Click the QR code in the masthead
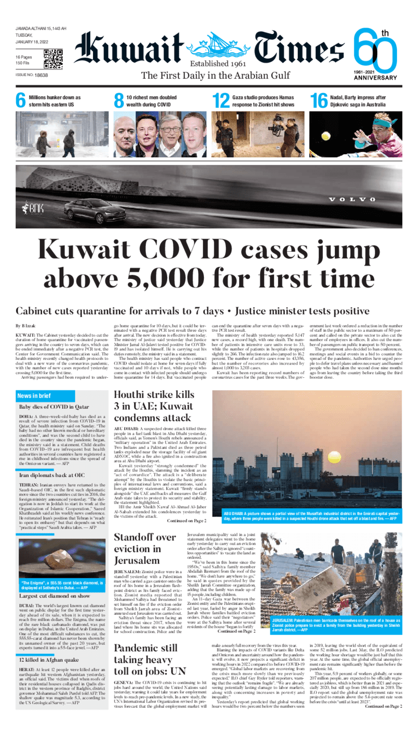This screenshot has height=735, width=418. point(53,59)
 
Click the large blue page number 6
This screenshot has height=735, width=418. point(20,101)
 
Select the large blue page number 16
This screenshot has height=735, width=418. point(318,101)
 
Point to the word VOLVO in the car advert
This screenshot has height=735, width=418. point(352,200)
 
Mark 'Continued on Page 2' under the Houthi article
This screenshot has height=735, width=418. point(187,521)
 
